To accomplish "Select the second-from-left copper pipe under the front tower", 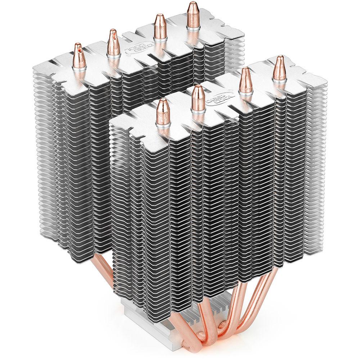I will click(220, 320).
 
